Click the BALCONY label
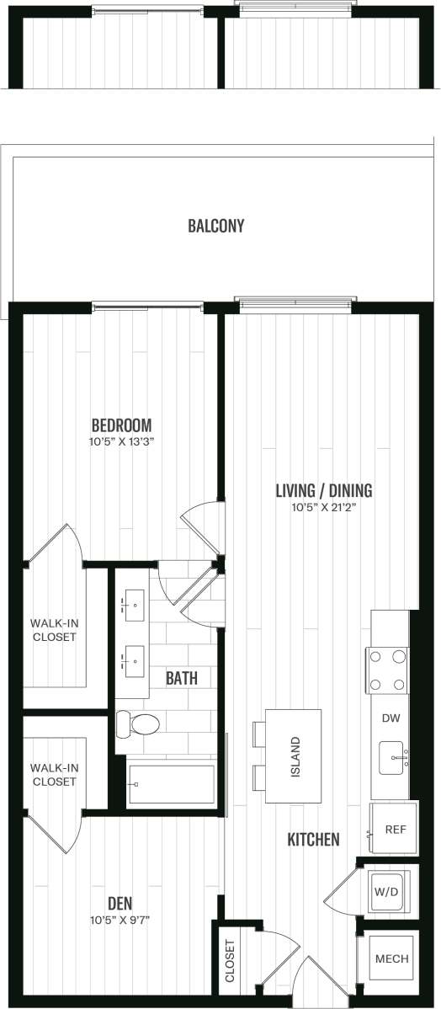[215, 226]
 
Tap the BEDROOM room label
[121, 424]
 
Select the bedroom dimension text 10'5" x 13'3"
[121, 440]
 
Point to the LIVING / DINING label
[324, 490]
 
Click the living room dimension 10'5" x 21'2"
[324, 507]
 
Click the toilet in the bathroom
[139, 723]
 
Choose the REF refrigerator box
[391, 829]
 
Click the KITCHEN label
[313, 839]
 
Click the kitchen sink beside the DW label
[391, 757]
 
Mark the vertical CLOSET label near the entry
[231, 960]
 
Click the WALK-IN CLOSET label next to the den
[54, 774]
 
